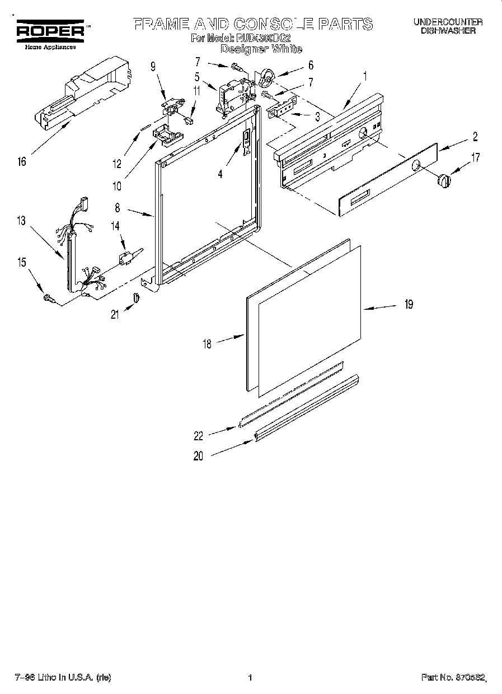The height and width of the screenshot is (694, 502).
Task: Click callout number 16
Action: click(21, 162)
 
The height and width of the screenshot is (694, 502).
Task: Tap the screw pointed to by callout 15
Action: click(48, 300)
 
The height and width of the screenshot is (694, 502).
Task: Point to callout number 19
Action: click(409, 304)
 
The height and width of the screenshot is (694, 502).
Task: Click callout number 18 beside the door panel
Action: click(207, 344)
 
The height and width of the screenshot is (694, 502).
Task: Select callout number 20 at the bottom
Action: click(198, 456)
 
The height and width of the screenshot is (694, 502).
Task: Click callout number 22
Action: click(198, 436)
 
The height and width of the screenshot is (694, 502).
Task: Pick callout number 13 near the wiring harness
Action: click(21, 221)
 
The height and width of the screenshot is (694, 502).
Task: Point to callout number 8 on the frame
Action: click(117, 208)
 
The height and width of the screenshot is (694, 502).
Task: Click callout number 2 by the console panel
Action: click(475, 136)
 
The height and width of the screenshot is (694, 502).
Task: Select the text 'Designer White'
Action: click(261, 49)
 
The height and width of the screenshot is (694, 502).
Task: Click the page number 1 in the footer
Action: click(250, 678)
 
